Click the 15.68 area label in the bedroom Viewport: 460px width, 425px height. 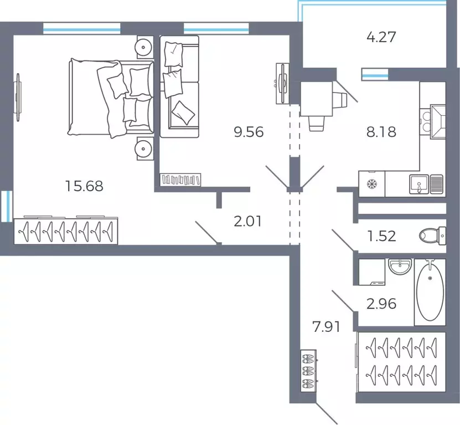[84, 186]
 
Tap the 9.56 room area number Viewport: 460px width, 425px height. [249, 132]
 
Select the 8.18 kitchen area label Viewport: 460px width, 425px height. [381, 132]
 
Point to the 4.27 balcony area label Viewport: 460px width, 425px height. [381, 37]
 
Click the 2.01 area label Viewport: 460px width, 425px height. [247, 221]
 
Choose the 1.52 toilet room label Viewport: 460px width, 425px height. [381, 236]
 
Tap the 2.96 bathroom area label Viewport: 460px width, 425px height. [381, 304]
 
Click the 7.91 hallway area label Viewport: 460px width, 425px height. [326, 326]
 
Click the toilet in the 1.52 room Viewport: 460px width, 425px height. [432, 235]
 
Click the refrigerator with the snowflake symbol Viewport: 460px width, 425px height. [371, 184]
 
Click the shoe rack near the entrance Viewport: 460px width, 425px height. [308, 371]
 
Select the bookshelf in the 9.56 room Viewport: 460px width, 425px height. [180, 180]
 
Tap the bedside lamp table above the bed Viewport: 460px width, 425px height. [144, 47]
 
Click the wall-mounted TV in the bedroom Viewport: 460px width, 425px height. [18, 97]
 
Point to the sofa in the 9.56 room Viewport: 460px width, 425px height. [179, 86]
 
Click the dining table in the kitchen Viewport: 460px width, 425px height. [316, 99]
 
